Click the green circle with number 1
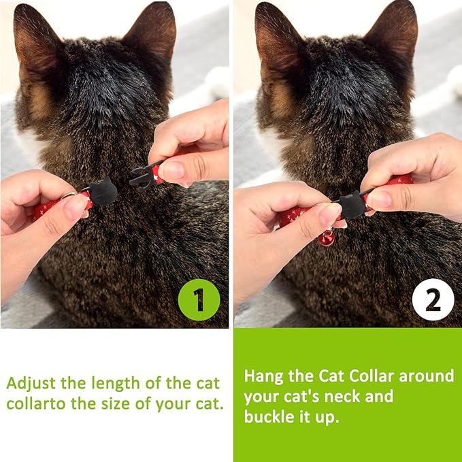click(x=199, y=299)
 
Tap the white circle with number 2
click(x=433, y=299)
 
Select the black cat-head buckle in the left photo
click(x=103, y=191)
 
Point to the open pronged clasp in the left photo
click(x=142, y=176)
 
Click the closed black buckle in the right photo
click(x=352, y=205)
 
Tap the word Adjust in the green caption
click(x=31, y=384)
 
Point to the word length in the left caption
click(x=116, y=384)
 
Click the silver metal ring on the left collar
click(x=71, y=194)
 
